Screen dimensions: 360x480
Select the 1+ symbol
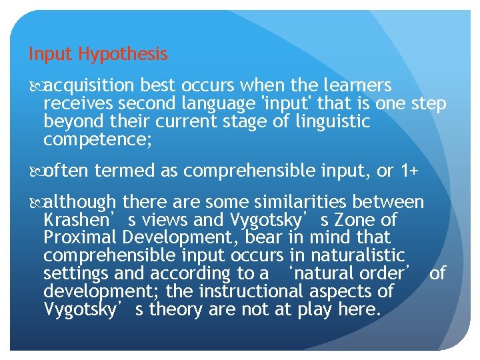409,171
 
